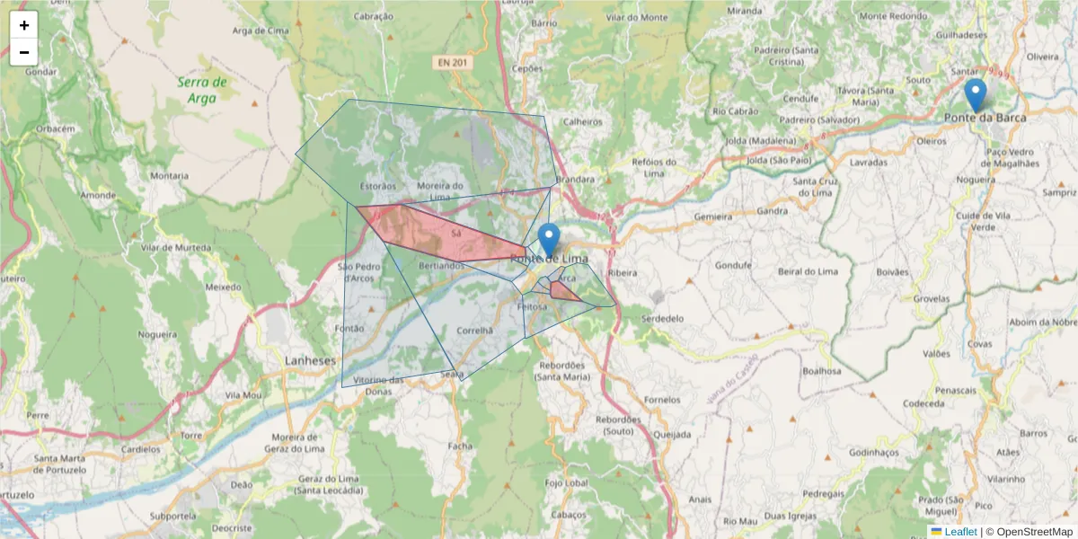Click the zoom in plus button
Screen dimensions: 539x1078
tap(24, 25)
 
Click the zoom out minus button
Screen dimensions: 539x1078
tap(24, 52)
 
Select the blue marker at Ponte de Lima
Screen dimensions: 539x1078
tap(549, 240)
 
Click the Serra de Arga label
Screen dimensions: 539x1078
tap(202, 90)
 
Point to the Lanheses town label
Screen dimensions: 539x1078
tap(309, 360)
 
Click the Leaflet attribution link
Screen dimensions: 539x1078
tap(960, 532)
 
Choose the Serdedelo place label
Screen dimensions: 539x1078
tap(664, 319)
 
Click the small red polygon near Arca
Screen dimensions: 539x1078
tap(563, 291)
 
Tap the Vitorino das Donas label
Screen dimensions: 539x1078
tap(378, 385)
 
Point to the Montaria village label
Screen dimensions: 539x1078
tap(171, 176)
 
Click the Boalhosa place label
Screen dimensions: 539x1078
tap(821, 370)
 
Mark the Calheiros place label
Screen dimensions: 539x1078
tap(581, 122)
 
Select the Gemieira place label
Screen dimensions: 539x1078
tap(714, 217)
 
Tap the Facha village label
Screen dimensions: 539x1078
tap(459, 446)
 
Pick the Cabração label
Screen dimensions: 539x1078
tap(374, 16)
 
